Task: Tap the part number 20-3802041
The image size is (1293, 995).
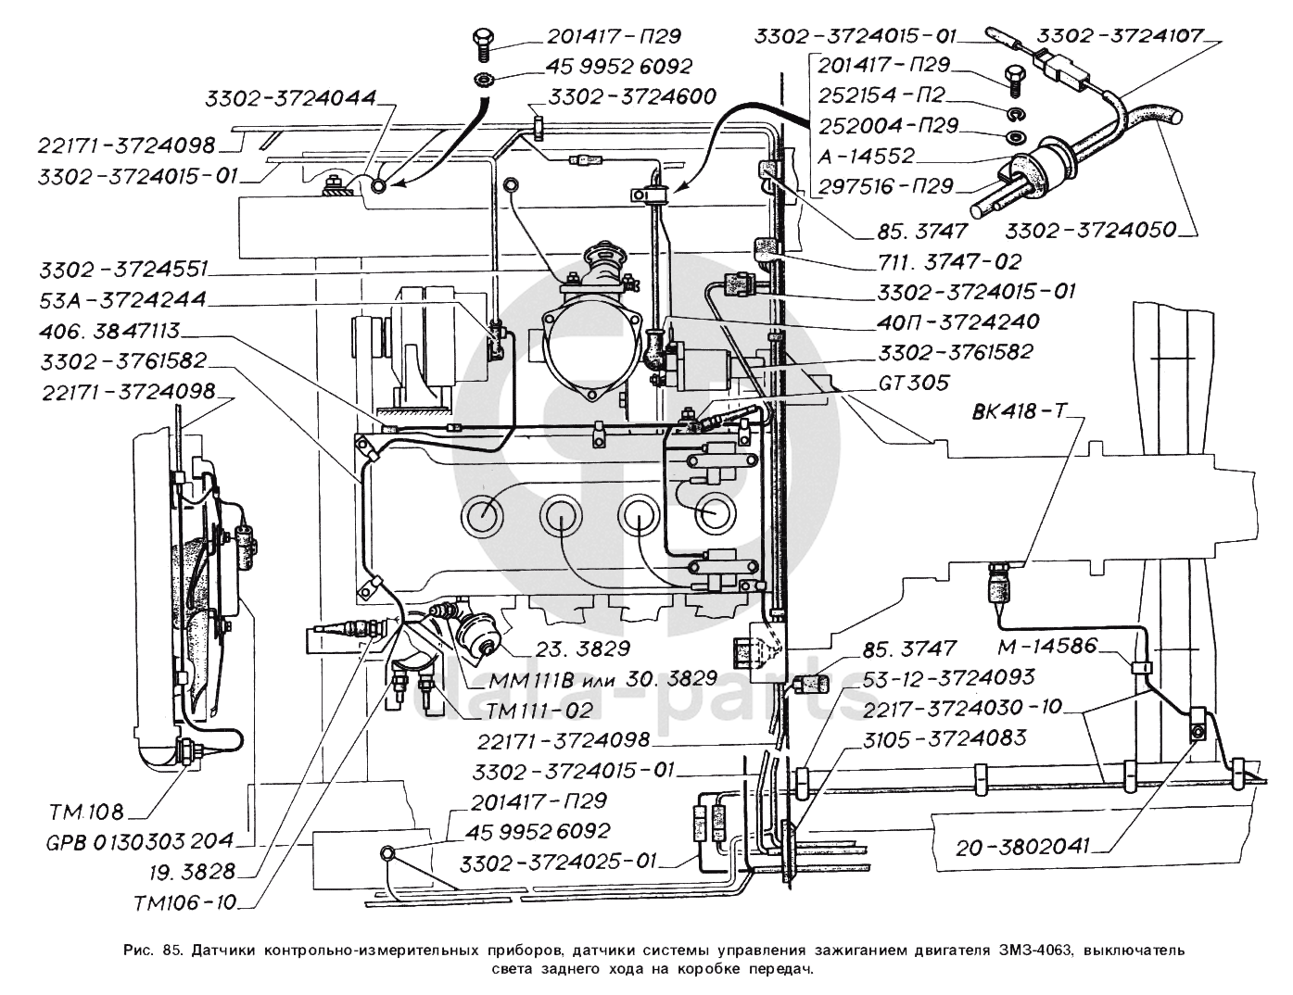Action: coord(1018,846)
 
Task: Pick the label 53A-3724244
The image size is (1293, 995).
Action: coord(123,300)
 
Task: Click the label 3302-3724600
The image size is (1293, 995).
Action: coord(632,96)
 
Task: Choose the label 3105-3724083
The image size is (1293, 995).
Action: coord(944,738)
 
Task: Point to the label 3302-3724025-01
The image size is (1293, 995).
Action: coord(557,862)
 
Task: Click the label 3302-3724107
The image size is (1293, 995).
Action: coord(1120,36)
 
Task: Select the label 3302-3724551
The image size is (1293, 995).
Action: coord(123,270)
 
